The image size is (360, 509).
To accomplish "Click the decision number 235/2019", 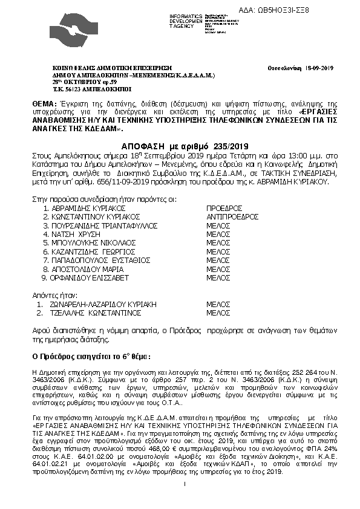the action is coord(218,146).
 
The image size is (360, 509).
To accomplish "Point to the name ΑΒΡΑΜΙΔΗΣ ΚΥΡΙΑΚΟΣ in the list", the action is coord(90,207).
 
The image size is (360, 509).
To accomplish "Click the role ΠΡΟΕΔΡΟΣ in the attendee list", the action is coord(224,207).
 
